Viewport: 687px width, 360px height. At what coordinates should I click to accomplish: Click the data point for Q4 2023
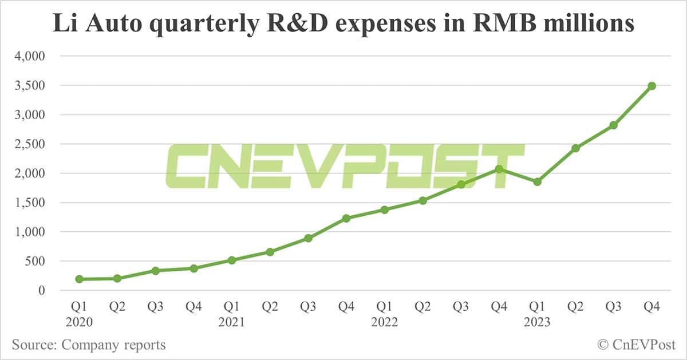tap(652, 86)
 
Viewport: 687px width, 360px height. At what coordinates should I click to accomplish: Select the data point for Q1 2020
tap(79, 279)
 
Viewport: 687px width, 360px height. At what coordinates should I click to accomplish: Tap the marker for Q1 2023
tap(537, 182)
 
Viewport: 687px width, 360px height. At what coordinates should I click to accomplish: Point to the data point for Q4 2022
tap(499, 169)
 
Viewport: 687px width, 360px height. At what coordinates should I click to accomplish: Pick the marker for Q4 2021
tap(346, 218)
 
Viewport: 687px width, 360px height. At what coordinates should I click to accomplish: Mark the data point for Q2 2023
tap(575, 148)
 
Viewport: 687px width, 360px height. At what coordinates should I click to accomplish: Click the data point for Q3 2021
tap(308, 238)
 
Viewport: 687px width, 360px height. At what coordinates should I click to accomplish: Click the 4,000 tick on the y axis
tap(28, 57)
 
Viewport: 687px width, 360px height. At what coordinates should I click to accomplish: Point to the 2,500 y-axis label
tap(28, 144)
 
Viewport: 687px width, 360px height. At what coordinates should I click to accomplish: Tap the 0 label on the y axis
tap(41, 291)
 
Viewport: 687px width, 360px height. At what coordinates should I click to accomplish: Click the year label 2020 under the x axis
tap(79, 322)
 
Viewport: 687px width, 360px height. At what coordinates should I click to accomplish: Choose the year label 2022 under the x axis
tap(385, 322)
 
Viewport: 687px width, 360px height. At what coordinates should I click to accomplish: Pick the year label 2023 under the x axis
tap(537, 322)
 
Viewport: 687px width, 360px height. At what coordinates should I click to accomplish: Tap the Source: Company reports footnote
tap(89, 345)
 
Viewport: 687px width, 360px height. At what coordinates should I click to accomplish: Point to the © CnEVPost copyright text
tap(635, 345)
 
